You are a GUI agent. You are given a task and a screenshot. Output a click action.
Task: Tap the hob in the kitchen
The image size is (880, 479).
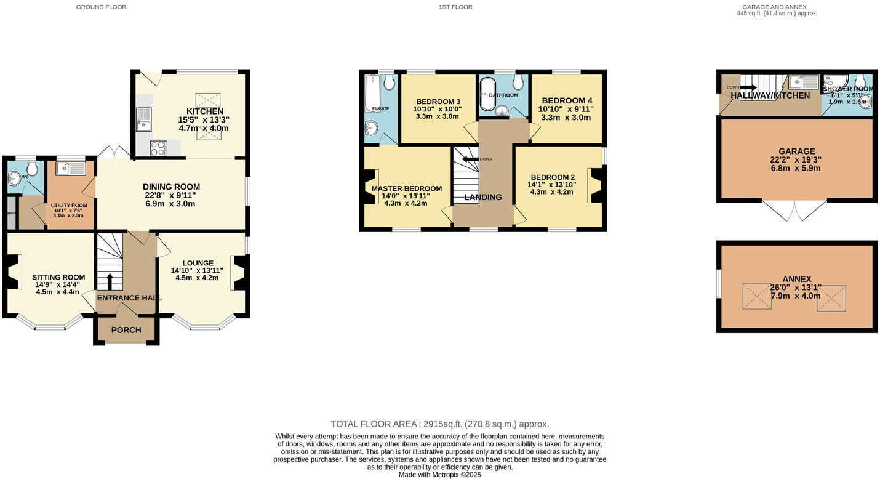[x=158, y=148]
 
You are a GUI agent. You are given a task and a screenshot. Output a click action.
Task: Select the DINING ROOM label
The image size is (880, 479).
[x=171, y=187]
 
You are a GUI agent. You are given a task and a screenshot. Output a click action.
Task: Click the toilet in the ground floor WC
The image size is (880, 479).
[x=33, y=168]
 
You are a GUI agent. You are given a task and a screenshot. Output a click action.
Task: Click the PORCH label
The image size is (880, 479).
[x=126, y=330]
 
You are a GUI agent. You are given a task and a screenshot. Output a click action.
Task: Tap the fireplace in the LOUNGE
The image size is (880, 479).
[x=240, y=273]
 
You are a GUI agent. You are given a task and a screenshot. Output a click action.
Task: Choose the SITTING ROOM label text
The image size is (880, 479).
[x=58, y=277]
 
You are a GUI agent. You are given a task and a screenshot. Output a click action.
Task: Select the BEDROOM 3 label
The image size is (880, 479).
[x=438, y=102]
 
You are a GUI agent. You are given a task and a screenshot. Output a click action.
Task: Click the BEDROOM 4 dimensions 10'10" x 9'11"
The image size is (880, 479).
[x=566, y=109]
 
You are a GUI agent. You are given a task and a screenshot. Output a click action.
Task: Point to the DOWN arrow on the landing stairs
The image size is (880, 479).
[x=471, y=159]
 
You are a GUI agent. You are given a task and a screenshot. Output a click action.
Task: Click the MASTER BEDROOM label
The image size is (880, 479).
[x=407, y=188]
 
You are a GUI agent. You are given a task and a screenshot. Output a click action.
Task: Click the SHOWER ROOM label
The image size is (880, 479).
[x=848, y=89]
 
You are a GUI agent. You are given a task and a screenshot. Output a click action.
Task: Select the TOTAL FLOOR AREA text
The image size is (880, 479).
[x=439, y=424]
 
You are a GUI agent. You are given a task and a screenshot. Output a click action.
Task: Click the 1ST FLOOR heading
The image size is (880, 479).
[x=455, y=7]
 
